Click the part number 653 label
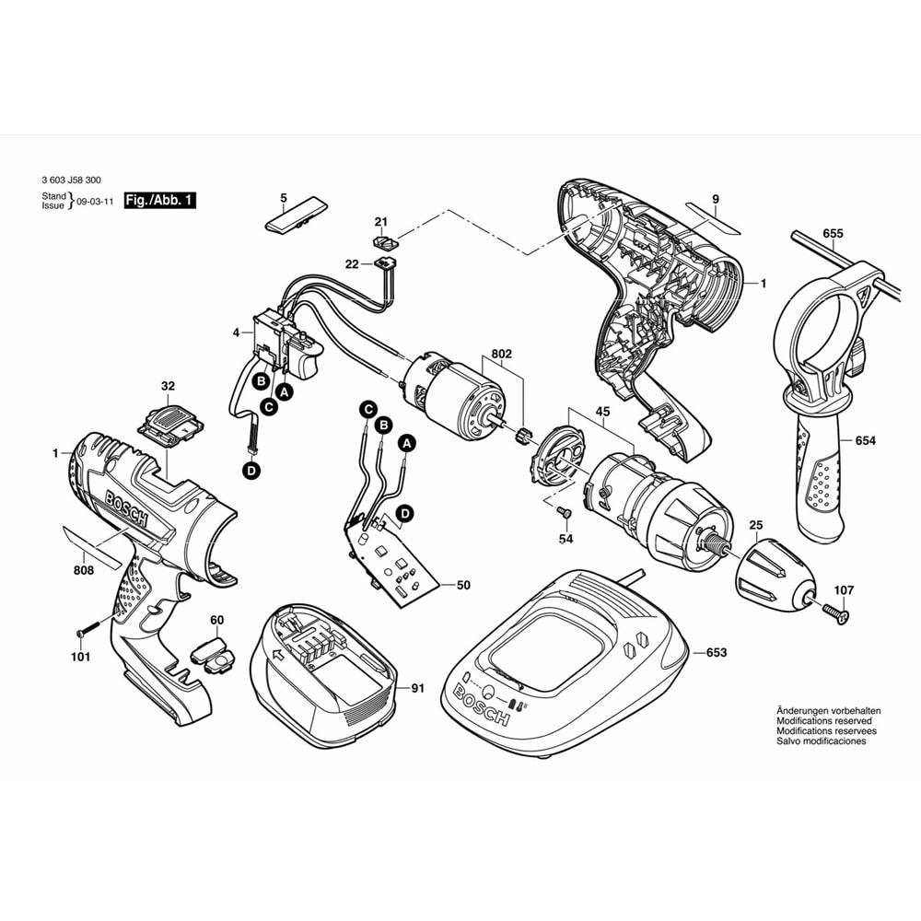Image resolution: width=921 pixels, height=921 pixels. (717, 653)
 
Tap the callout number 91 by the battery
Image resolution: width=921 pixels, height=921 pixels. (417, 686)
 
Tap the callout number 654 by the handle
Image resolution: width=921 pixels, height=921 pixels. (864, 442)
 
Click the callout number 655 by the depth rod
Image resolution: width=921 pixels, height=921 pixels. (833, 234)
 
